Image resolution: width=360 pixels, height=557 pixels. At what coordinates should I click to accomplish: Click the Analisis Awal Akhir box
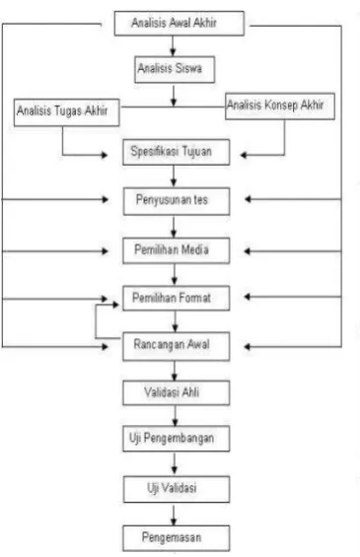[180, 24]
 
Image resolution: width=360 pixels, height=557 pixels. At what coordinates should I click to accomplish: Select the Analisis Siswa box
[175, 69]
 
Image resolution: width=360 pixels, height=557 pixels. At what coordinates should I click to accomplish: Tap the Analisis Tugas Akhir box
[66, 112]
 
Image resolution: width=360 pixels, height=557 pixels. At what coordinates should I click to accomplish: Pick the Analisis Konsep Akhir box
[280, 106]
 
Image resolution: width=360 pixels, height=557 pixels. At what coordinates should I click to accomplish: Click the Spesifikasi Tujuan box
[177, 152]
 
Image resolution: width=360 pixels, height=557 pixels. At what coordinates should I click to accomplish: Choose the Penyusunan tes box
[177, 201]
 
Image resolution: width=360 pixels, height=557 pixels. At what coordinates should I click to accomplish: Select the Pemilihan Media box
[177, 250]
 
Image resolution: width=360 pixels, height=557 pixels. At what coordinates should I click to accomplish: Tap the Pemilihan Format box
[177, 298]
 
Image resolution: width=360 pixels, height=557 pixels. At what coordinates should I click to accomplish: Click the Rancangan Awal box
[177, 346]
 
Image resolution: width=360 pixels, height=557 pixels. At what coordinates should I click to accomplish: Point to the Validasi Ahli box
[177, 393]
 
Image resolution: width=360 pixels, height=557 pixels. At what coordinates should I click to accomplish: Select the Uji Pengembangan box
[177, 439]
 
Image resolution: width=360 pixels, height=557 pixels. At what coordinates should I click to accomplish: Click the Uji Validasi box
[177, 489]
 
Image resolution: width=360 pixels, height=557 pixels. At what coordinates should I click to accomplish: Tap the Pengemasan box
[177, 538]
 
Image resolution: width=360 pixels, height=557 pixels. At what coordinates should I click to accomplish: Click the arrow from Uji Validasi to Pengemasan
[174, 515]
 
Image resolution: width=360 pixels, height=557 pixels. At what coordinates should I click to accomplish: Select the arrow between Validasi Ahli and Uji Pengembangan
[175, 416]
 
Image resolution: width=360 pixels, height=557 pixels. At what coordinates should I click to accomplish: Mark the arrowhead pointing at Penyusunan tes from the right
[248, 199]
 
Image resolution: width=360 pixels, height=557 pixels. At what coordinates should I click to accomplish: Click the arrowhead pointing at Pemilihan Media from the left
[105, 251]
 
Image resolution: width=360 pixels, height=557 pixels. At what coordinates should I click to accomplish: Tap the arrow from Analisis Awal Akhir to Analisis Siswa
[173, 45]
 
